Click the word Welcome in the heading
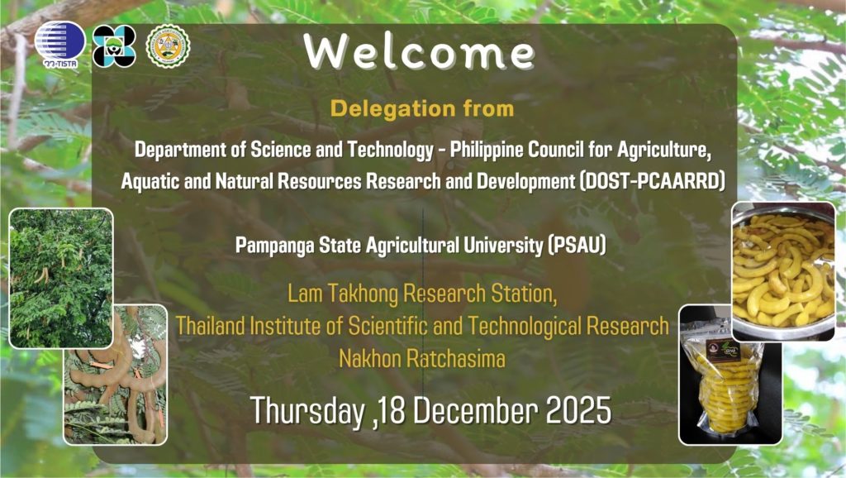[x=419, y=52]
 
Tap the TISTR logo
[x=59, y=44]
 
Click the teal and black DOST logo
[x=114, y=45]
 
